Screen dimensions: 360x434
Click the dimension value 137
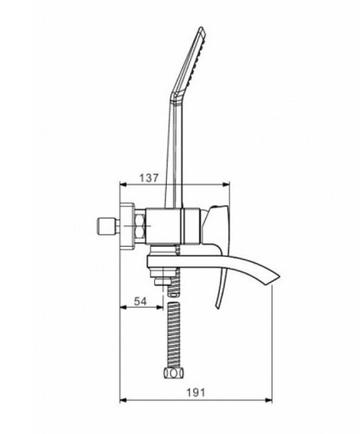coord(149,178)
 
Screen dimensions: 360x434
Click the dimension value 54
coord(140,301)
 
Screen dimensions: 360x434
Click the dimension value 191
coord(196,393)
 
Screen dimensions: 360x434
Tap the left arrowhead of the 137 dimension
coord(123,185)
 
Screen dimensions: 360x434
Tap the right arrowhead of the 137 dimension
coord(226,185)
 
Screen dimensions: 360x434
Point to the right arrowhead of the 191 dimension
coord(269,400)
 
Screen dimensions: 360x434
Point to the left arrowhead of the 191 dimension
coord(123,400)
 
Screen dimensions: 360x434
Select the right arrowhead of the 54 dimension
coord(160,307)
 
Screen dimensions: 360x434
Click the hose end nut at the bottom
coord(174,373)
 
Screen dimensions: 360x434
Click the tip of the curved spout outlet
coord(280,276)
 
